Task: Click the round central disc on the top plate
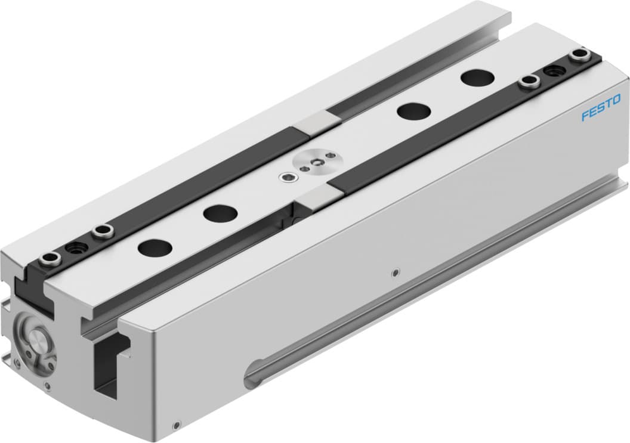coord(315,160)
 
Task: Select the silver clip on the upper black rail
coord(316,121)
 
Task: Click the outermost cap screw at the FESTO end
coord(577,56)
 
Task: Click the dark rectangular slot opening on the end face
coord(109,367)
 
